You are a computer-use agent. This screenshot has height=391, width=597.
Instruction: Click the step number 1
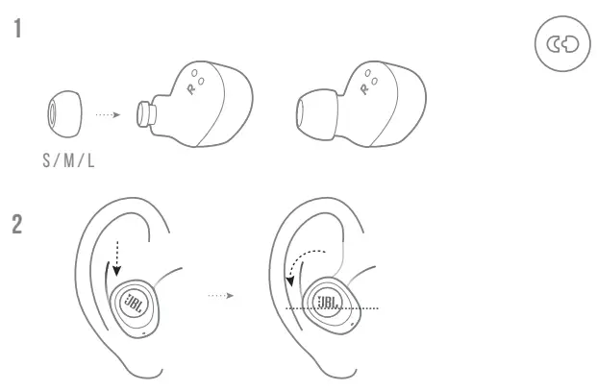(x=17, y=28)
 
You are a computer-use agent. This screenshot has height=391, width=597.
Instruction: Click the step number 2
(x=17, y=225)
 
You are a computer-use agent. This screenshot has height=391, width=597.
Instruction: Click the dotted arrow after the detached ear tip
(x=107, y=113)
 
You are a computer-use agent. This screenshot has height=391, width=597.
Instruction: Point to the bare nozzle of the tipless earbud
(x=146, y=113)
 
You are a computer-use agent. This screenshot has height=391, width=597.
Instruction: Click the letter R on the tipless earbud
(x=187, y=85)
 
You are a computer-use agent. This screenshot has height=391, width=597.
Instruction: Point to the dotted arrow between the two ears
(x=219, y=296)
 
